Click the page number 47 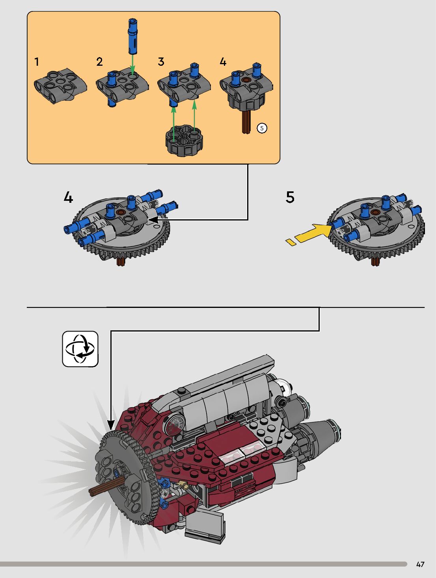420,564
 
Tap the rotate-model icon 80,349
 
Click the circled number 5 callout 262,128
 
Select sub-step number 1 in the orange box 37,62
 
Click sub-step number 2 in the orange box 99,62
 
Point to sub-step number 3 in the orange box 161,62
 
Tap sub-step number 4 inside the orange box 223,62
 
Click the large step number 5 290,197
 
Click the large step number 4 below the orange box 68,197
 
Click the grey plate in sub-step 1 60,85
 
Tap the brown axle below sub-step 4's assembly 246,122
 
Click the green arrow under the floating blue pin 132,65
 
